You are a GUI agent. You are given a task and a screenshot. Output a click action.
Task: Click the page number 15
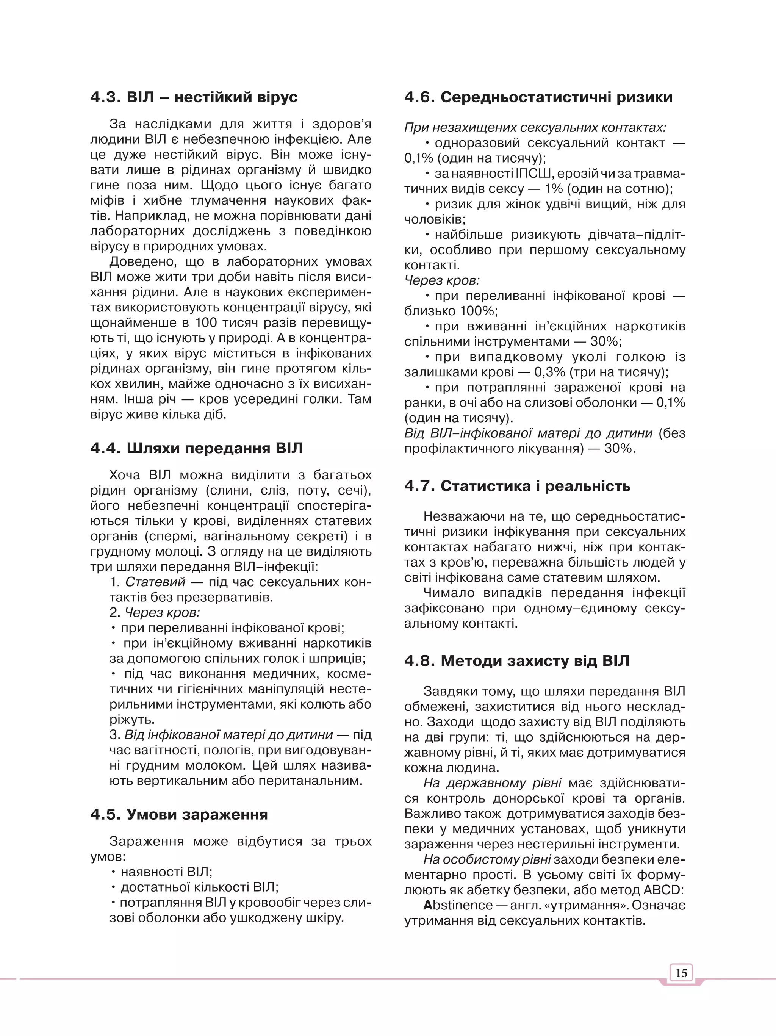point(681,973)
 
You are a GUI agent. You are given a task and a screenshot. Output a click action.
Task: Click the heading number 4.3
point(106,97)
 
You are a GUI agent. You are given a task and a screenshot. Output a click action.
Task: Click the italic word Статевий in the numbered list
point(155,582)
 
